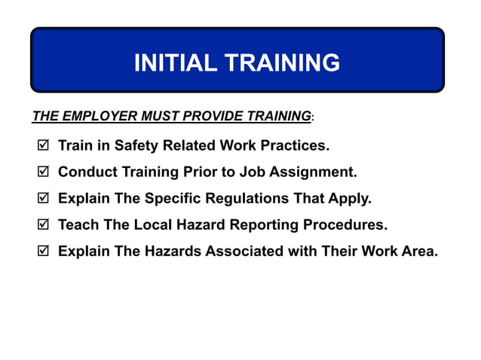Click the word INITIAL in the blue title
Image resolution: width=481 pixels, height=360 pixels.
(x=173, y=63)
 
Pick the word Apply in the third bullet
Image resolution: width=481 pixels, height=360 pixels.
(x=351, y=200)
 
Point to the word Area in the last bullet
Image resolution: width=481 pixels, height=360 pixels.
(x=419, y=252)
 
